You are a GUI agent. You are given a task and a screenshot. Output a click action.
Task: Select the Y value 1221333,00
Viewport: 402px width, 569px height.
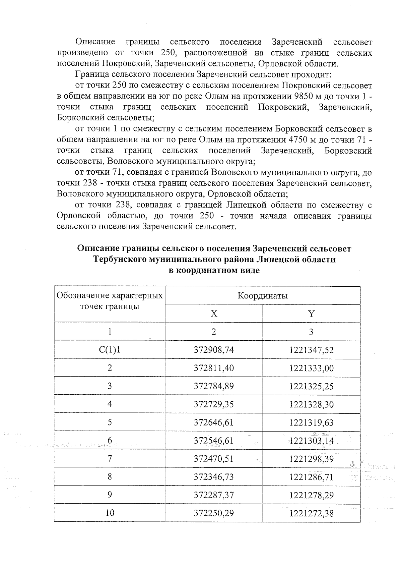pyautogui.click(x=311, y=368)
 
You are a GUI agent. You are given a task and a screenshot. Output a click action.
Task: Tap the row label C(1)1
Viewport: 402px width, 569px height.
pyautogui.click(x=110, y=350)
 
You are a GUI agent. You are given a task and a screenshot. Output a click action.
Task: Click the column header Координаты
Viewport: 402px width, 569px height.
pyautogui.click(x=262, y=296)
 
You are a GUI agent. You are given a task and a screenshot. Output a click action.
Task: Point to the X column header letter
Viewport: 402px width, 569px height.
pyautogui.click(x=214, y=314)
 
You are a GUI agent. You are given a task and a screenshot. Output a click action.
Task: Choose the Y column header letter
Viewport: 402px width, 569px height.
pyautogui.click(x=311, y=314)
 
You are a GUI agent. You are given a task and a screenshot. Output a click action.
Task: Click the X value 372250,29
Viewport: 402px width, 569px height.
pyautogui.click(x=214, y=513)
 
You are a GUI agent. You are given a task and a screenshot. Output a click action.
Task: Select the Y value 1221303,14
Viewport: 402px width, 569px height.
pyautogui.click(x=311, y=441)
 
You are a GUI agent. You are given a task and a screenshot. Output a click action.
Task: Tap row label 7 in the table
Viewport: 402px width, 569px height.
pyautogui.click(x=110, y=459)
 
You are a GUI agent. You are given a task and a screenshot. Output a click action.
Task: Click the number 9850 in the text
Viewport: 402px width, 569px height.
pyautogui.click(x=303, y=96)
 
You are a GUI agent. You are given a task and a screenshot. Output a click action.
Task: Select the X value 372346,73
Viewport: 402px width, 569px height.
pyautogui.click(x=214, y=477)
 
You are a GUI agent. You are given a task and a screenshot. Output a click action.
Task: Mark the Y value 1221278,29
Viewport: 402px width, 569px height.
pyautogui.click(x=311, y=495)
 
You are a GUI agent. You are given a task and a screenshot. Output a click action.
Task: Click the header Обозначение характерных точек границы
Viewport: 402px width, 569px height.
pyautogui.click(x=110, y=301)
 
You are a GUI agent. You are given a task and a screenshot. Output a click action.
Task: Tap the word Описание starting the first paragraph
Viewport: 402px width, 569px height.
pyautogui.click(x=95, y=42)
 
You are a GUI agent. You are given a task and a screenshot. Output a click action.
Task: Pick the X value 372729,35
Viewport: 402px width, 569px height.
pyautogui.click(x=214, y=404)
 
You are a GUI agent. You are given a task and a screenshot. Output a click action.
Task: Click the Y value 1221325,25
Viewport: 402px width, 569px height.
pyautogui.click(x=311, y=386)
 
